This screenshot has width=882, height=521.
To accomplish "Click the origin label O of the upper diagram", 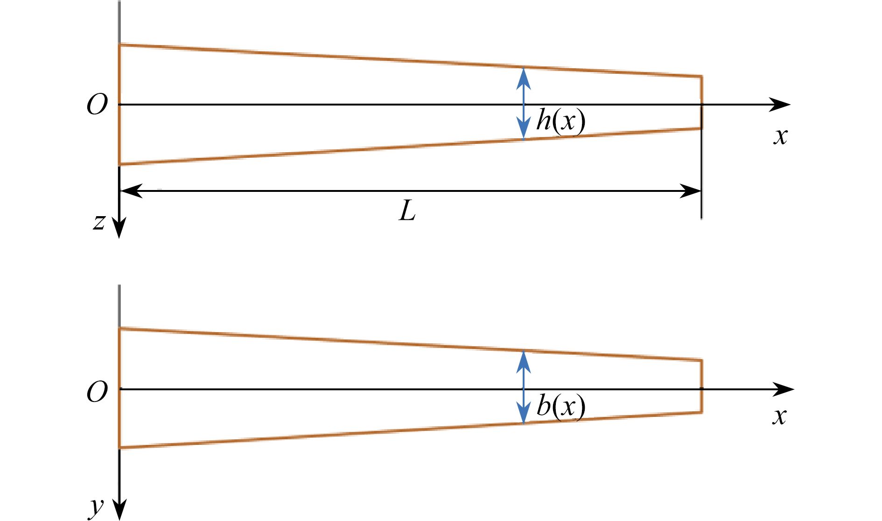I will (x=97, y=105).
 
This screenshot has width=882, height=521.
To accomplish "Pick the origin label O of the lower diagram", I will (x=97, y=392).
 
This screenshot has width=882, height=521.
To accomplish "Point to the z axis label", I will (x=98, y=223).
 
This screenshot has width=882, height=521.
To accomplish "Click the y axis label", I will (x=97, y=506).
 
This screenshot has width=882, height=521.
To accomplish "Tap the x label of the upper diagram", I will (x=780, y=136).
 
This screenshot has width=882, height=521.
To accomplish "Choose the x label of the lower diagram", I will (x=779, y=416).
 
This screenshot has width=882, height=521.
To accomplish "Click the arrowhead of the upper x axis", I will (x=780, y=105).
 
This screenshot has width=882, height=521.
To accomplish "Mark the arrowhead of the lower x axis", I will (x=783, y=389).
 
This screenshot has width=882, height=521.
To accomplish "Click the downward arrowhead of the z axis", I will (x=119, y=228).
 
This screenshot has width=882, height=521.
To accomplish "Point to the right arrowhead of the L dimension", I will (x=690, y=190).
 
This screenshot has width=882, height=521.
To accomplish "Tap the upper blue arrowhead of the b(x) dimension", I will (x=524, y=361).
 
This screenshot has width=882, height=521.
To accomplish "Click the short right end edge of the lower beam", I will (x=701, y=386).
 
